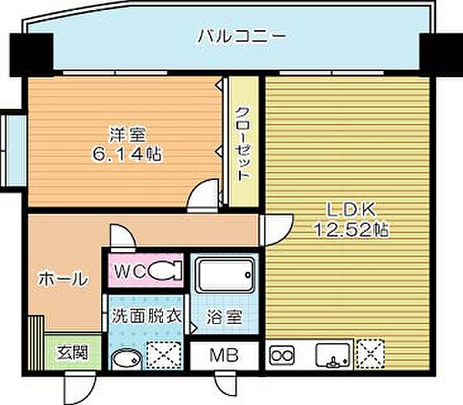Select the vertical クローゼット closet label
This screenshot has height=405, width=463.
(x=243, y=144)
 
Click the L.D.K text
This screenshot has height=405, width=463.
(x=350, y=209)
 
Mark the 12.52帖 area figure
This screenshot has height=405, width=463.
(x=350, y=230)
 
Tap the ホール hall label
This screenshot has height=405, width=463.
(x=61, y=279)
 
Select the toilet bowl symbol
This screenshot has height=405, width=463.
(x=164, y=271)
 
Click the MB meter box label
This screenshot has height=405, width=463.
(x=224, y=356)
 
